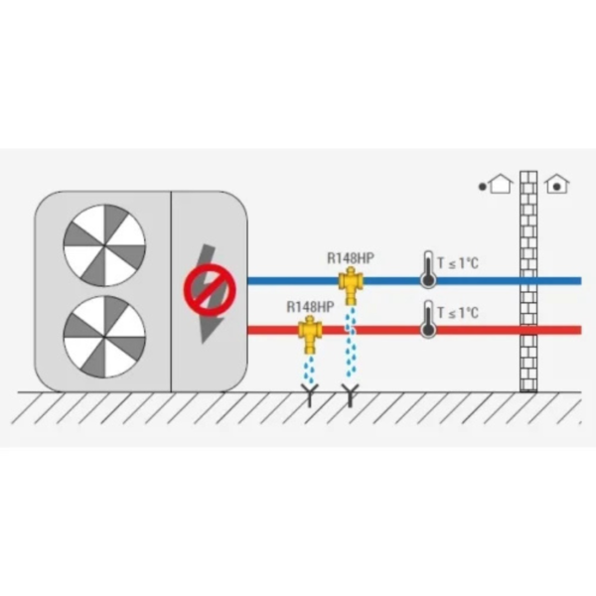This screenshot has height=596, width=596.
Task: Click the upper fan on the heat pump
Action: [104, 245]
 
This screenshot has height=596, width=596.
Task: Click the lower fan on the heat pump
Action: [104, 337]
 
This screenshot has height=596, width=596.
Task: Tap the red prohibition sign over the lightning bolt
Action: [210, 290]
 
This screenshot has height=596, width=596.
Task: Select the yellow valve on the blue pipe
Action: [351, 285]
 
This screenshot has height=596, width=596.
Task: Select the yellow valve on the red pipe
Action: [310, 335]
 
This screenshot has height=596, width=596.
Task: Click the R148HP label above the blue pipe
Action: [351, 258]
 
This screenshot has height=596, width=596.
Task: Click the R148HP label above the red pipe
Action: [310, 307]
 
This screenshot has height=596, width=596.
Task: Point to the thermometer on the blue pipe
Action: [428, 269]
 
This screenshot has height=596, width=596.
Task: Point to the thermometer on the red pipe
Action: [428, 319]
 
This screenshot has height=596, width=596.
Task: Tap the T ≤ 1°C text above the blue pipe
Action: [458, 262]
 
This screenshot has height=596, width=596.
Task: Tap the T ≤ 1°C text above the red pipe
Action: [458, 313]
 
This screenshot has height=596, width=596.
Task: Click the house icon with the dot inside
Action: [557, 184]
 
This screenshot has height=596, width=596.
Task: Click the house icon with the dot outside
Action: [496, 184]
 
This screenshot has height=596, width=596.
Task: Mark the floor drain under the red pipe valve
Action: [310, 395]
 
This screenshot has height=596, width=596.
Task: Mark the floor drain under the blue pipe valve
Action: [350, 395]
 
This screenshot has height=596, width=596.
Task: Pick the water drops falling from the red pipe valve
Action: [309, 370]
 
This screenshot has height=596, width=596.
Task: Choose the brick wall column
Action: [528, 281]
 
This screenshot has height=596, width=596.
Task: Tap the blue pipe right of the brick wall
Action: [559, 281]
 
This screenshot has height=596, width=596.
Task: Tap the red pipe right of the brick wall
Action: [559, 330]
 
